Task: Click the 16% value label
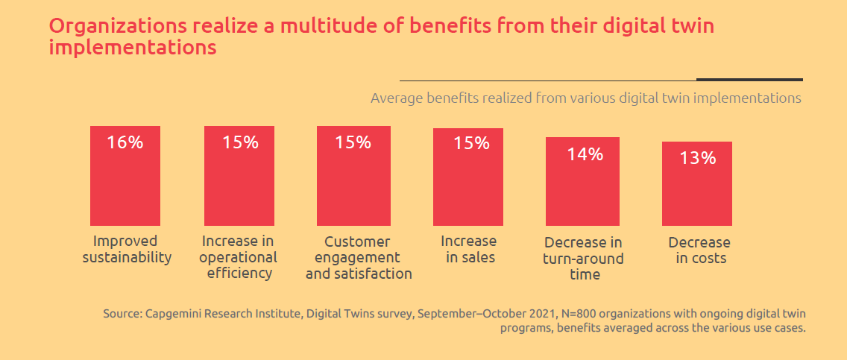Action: [125, 142]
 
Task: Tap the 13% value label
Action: [697, 158]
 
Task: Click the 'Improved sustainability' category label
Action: [126, 250]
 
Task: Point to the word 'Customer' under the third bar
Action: [357, 242]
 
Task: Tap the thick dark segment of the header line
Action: [749, 79]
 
